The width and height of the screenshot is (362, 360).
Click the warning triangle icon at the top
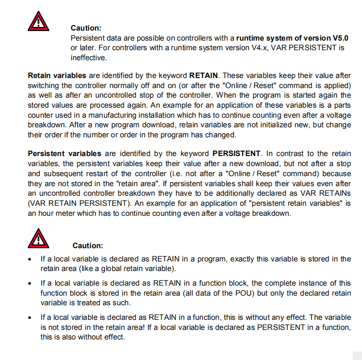coord(39,21)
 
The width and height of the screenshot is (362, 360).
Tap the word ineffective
coord(88,57)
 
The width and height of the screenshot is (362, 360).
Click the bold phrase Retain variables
coord(57,75)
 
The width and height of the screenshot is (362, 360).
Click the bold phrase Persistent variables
coord(65,153)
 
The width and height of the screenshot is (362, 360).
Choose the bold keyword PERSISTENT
coord(236,153)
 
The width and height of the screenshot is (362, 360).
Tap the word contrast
coord(295,153)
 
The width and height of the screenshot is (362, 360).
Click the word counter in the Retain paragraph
coord(41,115)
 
